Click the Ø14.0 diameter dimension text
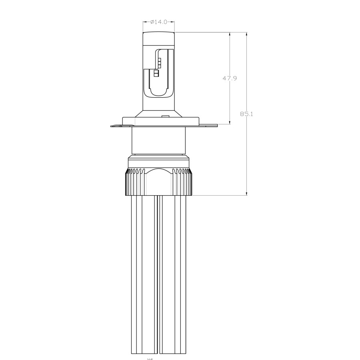159,22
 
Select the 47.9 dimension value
230,78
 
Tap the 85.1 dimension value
247,114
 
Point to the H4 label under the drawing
150,358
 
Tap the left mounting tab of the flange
117,126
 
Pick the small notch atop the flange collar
164,116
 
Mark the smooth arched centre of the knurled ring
159,182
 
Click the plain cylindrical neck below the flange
159,140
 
